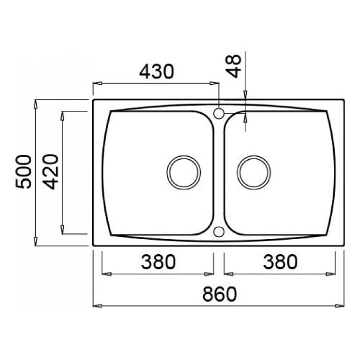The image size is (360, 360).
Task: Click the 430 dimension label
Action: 156,71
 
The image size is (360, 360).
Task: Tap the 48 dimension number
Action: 233,66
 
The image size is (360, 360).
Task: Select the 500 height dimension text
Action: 23,171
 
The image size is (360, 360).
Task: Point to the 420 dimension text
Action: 50,171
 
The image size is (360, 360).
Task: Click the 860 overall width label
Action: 220,294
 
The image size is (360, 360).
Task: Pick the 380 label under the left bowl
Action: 158,261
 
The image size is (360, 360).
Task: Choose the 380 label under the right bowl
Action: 280,261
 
